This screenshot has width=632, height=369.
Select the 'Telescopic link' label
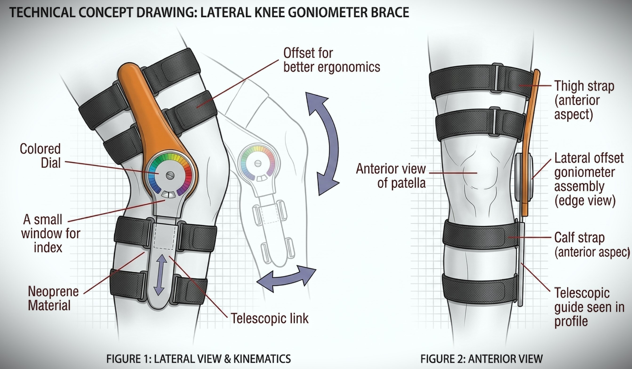click(x=269, y=318)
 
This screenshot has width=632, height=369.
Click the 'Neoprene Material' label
click(x=53, y=298)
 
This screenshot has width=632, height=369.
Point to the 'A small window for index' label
click(x=50, y=233)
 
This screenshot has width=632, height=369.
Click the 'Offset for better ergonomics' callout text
click(x=331, y=60)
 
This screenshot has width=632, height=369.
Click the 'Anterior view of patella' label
click(x=391, y=176)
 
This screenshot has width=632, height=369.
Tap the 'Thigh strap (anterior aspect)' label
click(x=584, y=100)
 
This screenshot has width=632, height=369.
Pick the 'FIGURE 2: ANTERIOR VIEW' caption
click(x=481, y=359)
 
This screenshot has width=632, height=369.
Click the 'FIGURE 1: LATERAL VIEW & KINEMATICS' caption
click(x=198, y=359)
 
